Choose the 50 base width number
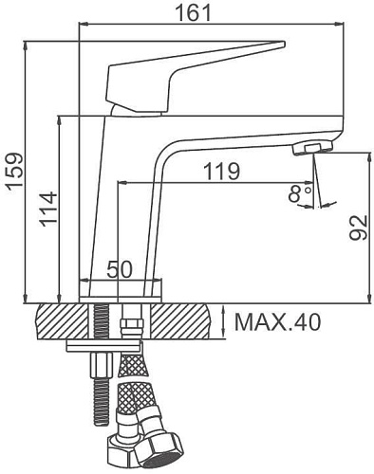[119, 269]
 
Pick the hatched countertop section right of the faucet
[180, 321]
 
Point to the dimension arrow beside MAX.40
[222, 321]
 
